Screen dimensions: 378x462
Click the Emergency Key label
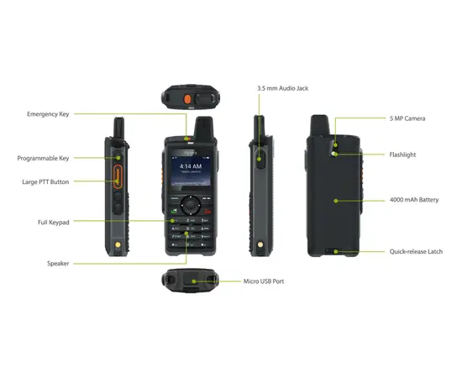pos(49,113)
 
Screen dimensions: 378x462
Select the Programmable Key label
pos(45,158)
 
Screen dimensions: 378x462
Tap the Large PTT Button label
pos(47,181)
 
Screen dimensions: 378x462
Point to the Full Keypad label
pos(55,222)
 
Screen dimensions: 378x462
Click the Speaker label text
pos(58,264)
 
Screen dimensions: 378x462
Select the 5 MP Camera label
pos(407,118)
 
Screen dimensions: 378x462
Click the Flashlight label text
pos(402,155)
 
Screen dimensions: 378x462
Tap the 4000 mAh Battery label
pos(412,201)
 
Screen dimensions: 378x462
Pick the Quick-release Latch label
pos(416,251)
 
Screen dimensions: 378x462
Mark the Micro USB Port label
pos(264,281)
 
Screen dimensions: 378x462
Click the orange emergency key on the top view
pos(180,99)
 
